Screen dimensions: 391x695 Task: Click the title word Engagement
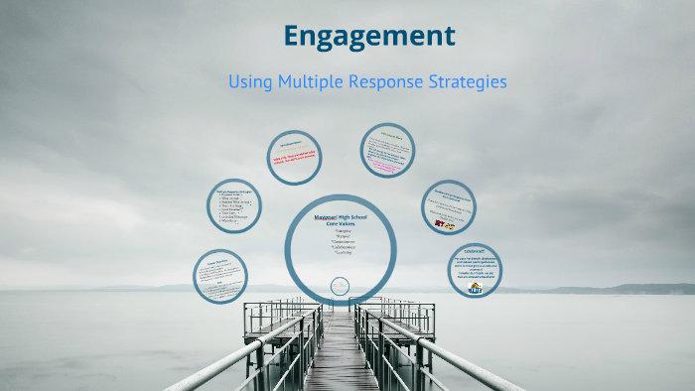[x=368, y=37]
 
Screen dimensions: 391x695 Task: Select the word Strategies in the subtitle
[x=466, y=82]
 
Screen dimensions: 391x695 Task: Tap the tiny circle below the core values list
[x=340, y=287]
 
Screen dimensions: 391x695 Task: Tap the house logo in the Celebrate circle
[x=475, y=289]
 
